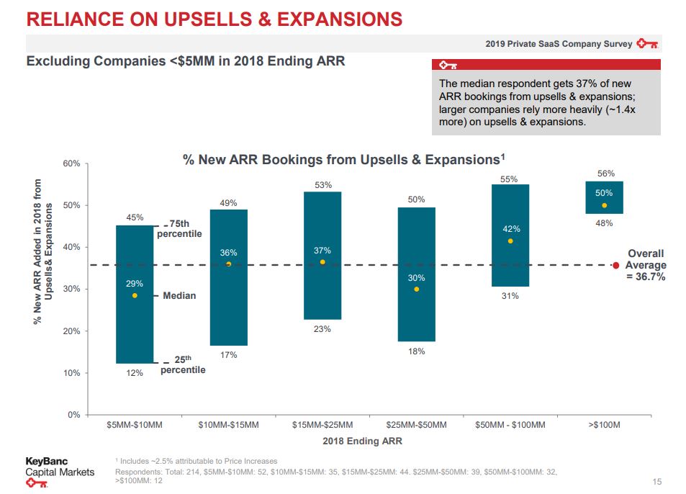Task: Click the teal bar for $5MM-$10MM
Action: [135, 294]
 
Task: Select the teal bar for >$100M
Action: [604, 197]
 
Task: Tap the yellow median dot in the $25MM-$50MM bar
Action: [417, 289]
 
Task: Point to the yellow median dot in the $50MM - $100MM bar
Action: [510, 241]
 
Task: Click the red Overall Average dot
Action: [616, 265]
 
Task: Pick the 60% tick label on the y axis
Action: [71, 163]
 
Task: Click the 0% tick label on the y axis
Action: [74, 415]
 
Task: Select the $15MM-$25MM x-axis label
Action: [322, 425]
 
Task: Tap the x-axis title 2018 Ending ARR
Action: [362, 441]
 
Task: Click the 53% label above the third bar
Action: [323, 185]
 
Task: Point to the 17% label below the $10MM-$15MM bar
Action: [228, 355]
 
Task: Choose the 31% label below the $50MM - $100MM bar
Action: [510, 296]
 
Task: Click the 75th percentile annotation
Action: [179, 229]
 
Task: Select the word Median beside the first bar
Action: [179, 296]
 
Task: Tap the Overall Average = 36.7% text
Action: [646, 265]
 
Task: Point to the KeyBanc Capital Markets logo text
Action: [60, 467]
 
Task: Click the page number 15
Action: [657, 482]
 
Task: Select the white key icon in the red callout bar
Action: [448, 66]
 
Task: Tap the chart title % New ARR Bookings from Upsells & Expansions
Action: [344, 159]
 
